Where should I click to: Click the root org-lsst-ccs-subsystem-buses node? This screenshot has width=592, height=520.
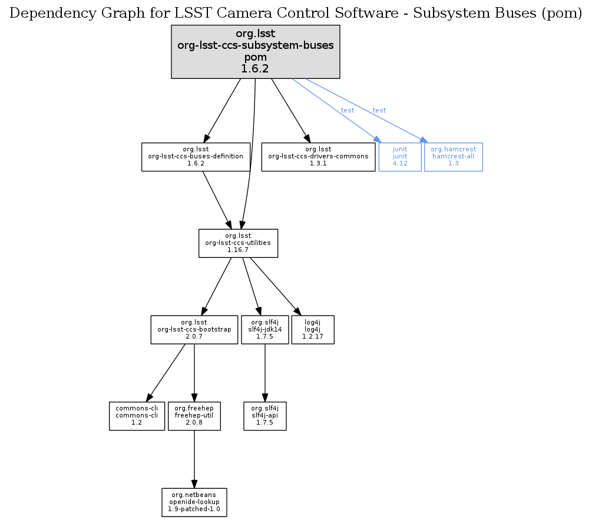256,51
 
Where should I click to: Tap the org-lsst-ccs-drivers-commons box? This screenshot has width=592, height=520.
318,157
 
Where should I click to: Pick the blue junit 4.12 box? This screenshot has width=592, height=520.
400,157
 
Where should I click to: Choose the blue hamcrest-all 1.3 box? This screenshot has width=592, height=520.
453,157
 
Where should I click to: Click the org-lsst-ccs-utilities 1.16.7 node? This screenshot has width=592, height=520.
238,243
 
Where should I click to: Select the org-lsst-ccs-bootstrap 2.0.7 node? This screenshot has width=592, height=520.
194,330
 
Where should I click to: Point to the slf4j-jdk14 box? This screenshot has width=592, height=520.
264,330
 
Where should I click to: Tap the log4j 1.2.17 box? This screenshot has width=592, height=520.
313,330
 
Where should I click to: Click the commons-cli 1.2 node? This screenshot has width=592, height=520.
137,416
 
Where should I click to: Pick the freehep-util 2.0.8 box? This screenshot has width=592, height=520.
194,416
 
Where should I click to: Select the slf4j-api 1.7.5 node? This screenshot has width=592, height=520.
264,416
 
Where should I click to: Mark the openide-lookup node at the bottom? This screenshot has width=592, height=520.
194,502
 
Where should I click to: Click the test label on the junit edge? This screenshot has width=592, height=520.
348,111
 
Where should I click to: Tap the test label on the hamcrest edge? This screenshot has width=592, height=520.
379,111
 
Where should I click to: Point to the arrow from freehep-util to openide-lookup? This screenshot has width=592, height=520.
194,459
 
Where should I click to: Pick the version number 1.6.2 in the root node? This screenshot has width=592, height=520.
256,68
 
